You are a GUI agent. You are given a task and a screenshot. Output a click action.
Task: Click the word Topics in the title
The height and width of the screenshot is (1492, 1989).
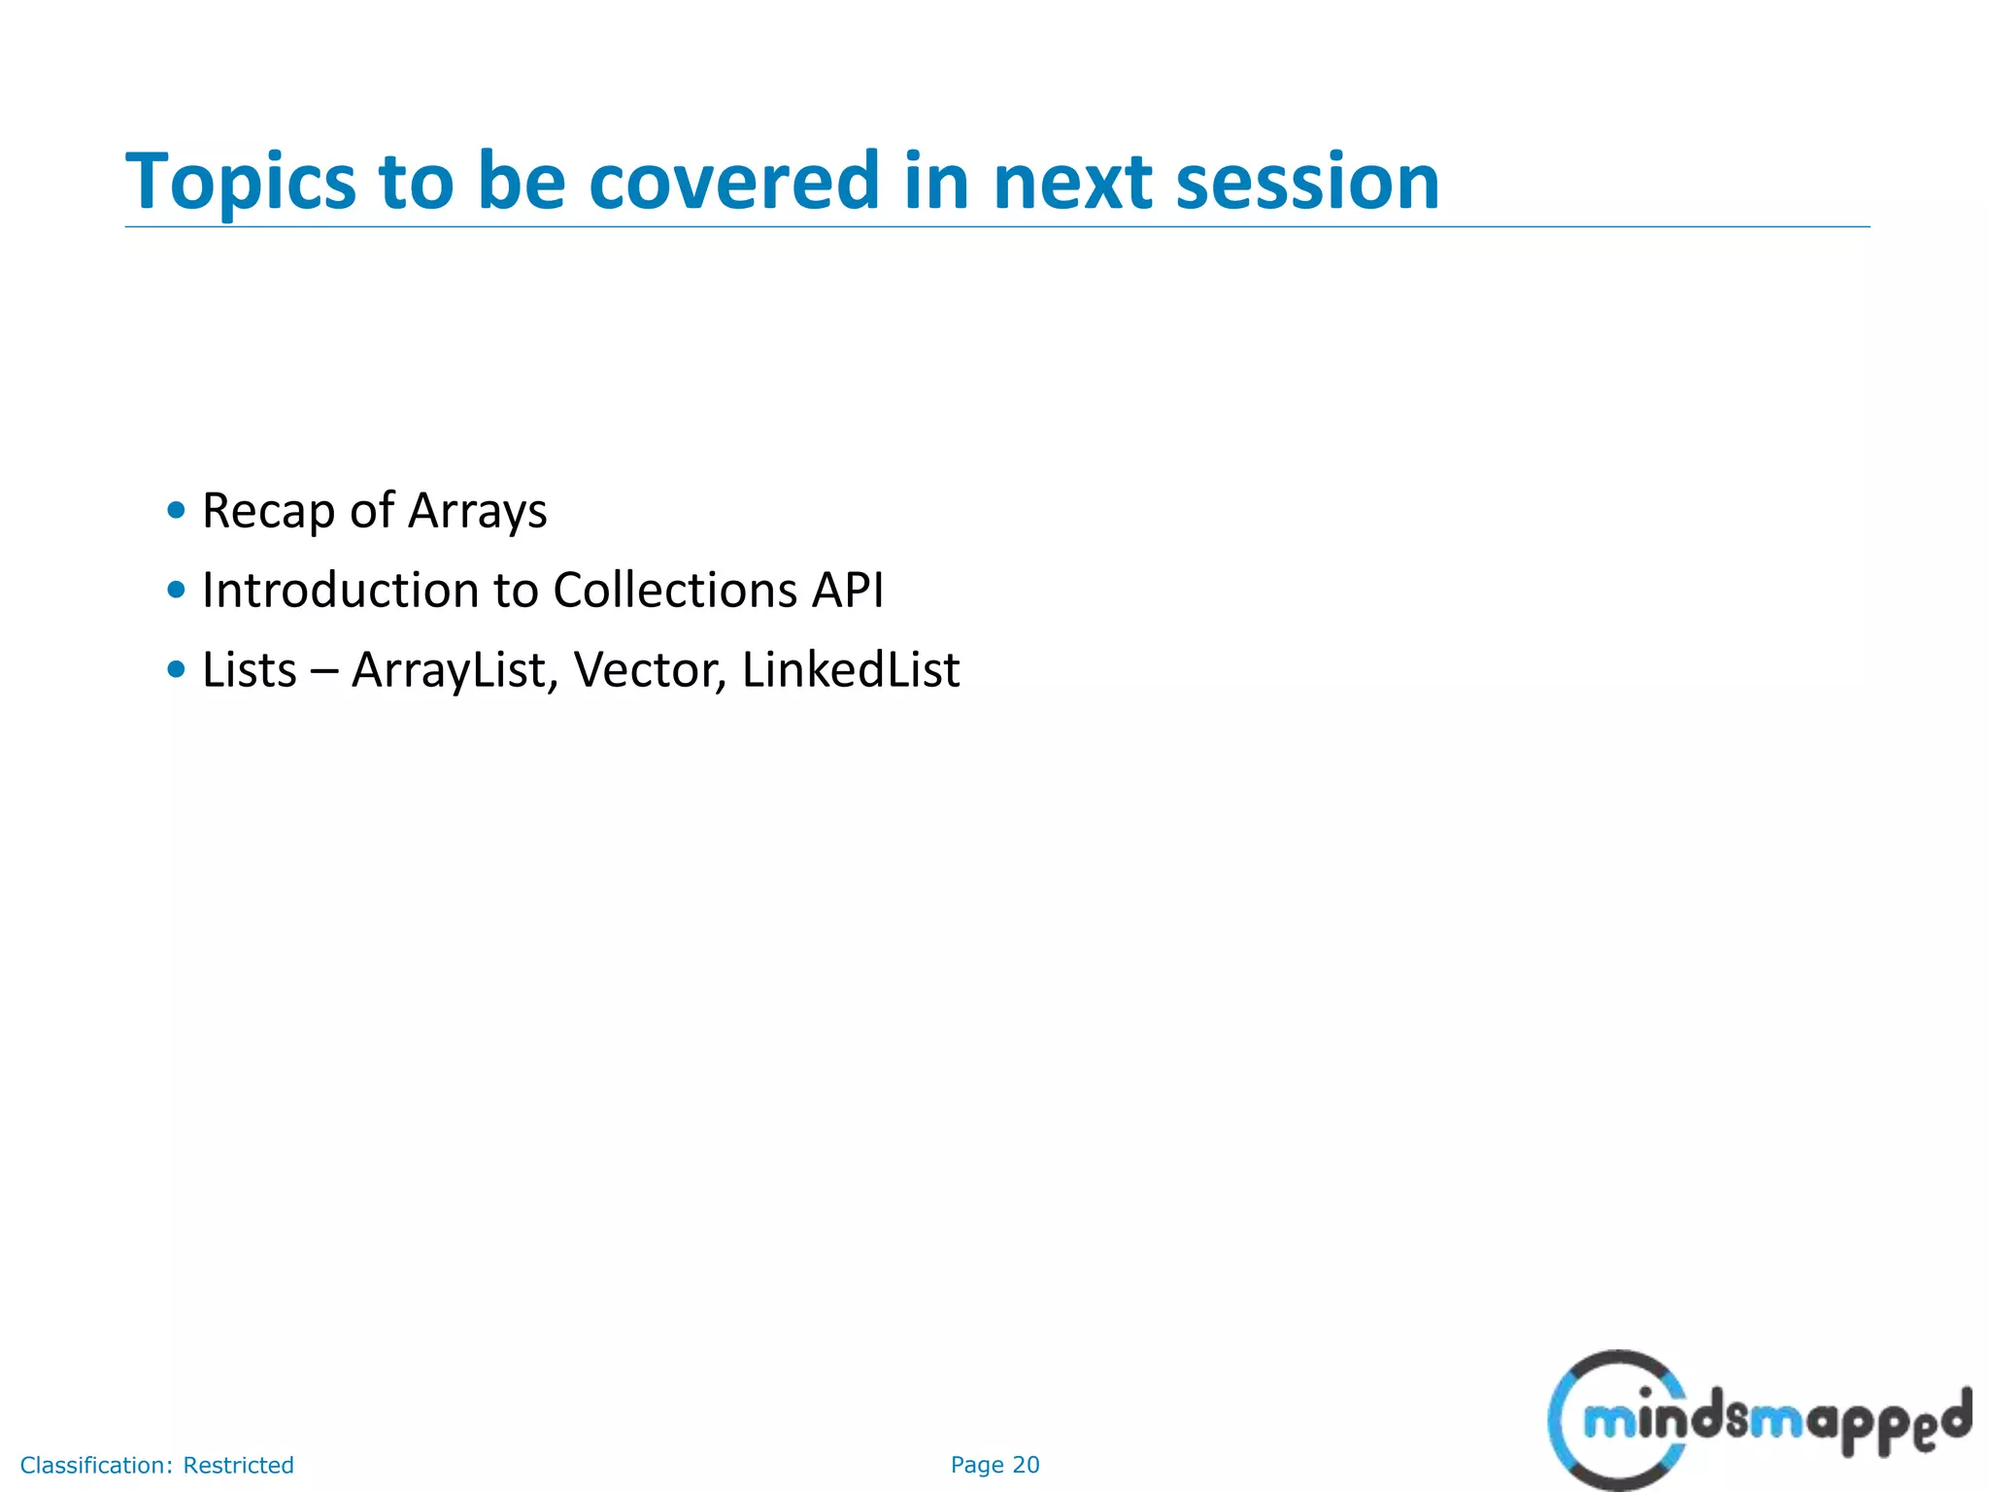[x=241, y=183]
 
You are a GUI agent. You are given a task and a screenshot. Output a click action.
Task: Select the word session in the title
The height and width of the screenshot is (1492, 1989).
[x=1307, y=183]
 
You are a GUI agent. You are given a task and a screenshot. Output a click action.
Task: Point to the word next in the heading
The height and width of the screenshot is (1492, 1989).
[x=1072, y=183]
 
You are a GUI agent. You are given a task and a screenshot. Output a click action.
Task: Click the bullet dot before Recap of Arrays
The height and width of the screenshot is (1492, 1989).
[x=176, y=510]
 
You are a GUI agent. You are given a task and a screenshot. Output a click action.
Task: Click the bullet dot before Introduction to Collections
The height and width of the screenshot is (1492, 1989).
[x=176, y=590]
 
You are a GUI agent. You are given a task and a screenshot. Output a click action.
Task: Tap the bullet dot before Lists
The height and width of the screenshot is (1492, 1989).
[x=176, y=669]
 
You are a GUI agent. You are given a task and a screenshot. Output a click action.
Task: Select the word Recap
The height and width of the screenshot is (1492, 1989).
[x=267, y=512]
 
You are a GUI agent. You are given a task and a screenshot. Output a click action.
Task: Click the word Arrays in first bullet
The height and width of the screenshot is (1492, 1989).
[x=477, y=512]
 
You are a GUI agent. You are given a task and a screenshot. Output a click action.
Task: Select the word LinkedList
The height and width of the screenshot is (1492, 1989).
[x=850, y=670]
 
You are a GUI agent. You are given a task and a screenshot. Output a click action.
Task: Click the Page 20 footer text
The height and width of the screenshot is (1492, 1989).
[x=994, y=1465]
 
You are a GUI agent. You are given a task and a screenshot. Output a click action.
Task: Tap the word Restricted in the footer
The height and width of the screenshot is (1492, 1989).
[x=238, y=1465]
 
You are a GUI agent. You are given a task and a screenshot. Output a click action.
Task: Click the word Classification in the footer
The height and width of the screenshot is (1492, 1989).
[x=96, y=1465]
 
